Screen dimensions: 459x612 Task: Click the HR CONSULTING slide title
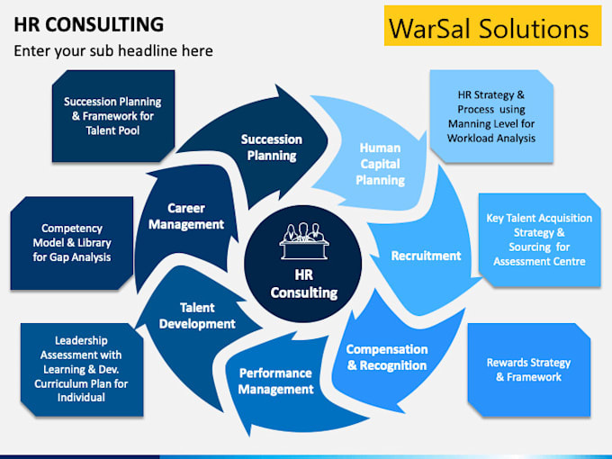88,24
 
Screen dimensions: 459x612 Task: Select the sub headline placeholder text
113,50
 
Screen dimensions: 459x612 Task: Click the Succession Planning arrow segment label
271,148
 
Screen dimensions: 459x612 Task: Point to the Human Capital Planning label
380,163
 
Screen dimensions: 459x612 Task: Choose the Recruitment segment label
426,256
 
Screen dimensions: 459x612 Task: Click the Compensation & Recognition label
386,357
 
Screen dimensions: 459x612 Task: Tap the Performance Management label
275,381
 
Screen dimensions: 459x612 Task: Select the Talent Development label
195,315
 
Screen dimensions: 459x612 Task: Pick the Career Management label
185,216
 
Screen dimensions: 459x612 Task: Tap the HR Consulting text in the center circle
303,284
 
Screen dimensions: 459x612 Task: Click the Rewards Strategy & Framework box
528,370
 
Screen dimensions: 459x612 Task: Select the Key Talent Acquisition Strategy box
538,240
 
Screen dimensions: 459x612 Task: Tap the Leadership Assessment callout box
80,370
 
